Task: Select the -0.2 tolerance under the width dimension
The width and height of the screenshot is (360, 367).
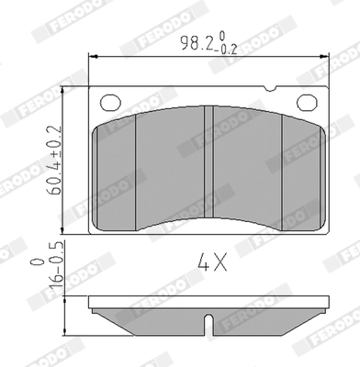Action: click(x=224, y=48)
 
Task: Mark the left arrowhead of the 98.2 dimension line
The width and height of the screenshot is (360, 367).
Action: click(x=92, y=57)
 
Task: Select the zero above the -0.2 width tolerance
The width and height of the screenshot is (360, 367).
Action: click(x=223, y=34)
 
